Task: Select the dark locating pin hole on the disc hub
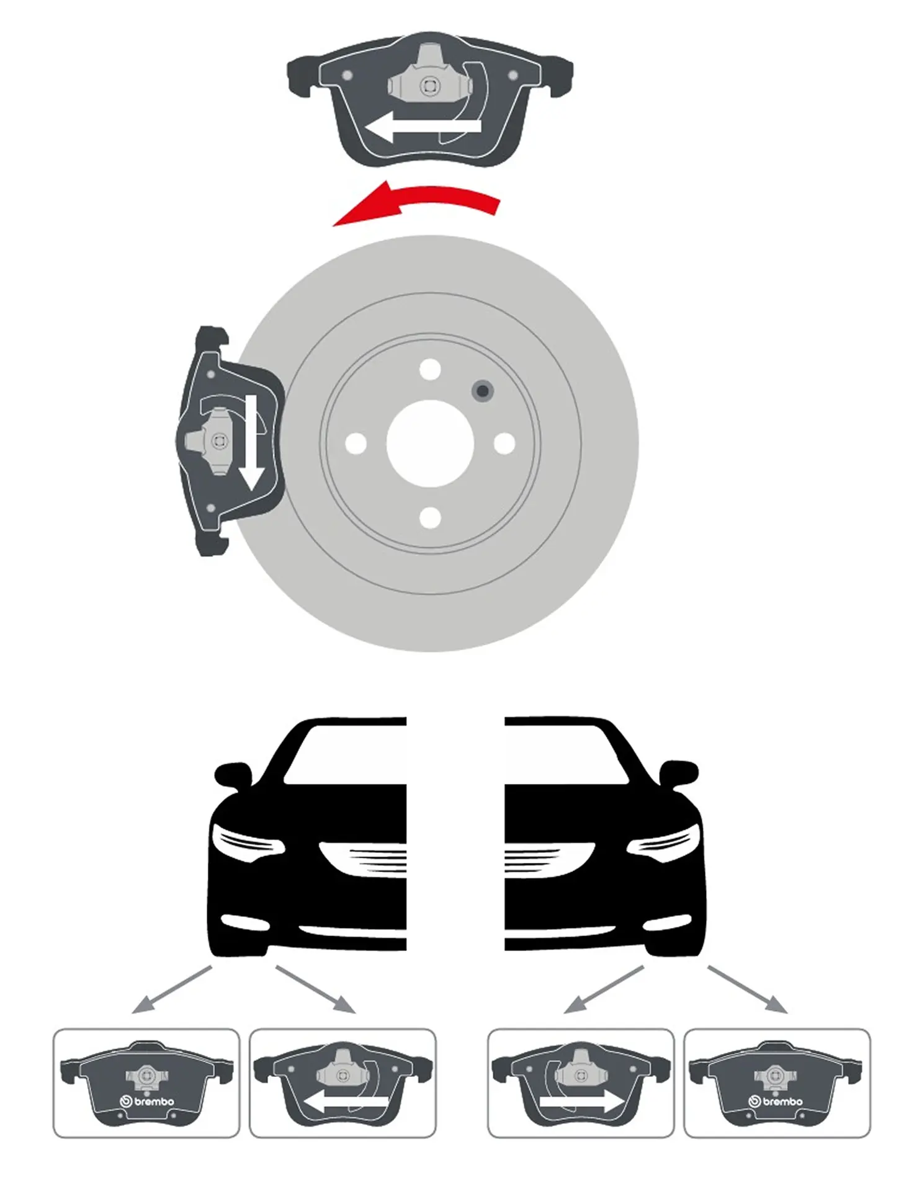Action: click(482, 391)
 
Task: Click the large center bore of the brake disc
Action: click(430, 444)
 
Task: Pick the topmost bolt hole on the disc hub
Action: click(430, 369)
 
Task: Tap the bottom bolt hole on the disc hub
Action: click(430, 518)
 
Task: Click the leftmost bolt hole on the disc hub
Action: click(356, 444)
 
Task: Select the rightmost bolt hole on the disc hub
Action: click(504, 444)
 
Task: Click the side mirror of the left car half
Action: click(233, 775)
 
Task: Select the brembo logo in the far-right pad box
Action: click(776, 1102)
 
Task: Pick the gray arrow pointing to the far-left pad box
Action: click(172, 989)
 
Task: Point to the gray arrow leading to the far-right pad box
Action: click(748, 989)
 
